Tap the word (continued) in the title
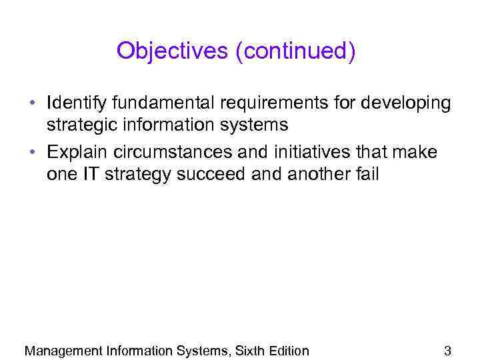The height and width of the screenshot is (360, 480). [x=295, y=51]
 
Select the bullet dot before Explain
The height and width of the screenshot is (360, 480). [x=32, y=153]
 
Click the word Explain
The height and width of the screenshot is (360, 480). [x=75, y=153]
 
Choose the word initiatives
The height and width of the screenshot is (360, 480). [x=309, y=153]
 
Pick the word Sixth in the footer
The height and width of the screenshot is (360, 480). [x=249, y=351]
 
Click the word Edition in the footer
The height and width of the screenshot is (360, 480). [x=288, y=351]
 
